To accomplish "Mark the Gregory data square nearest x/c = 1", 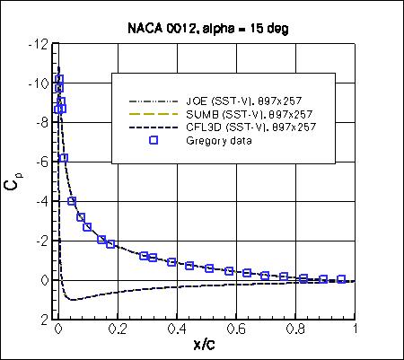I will pyautogui.click(x=342, y=280).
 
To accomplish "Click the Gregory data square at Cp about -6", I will pyautogui.click(x=64, y=158).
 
